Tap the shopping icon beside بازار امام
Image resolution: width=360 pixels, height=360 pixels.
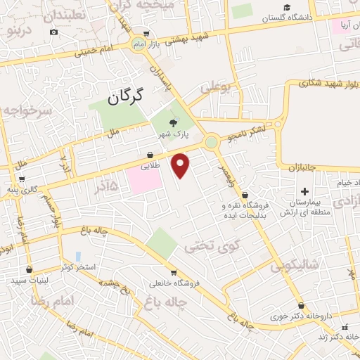pos(146,32)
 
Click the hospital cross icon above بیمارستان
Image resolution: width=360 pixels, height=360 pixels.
pos(304,192)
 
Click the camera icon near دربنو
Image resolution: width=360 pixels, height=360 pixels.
pos(54,32)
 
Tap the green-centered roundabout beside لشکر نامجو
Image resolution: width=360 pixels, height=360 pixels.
pos(212,143)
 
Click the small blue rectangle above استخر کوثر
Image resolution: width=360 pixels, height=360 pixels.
pos(77,256)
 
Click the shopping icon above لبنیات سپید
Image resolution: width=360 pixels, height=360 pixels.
pos(29,269)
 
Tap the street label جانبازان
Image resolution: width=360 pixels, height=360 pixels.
pos(304,168)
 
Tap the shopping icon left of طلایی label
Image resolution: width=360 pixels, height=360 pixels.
pos(150,155)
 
